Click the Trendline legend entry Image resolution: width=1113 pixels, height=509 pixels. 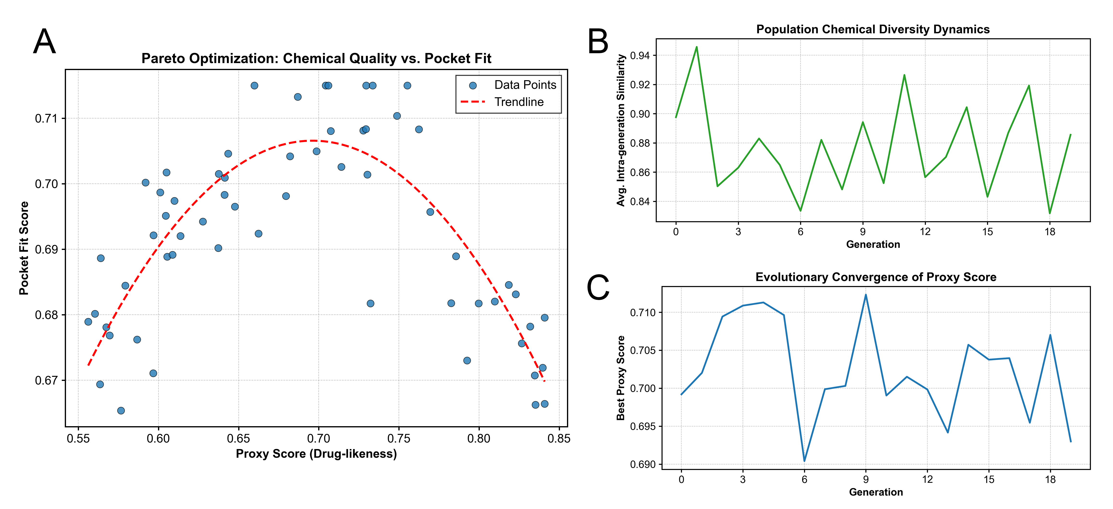click(x=519, y=102)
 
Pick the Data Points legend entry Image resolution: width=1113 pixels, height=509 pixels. click(x=525, y=85)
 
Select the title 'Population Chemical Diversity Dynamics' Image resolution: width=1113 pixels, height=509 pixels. click(x=873, y=29)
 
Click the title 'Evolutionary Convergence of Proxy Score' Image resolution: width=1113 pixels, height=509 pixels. click(x=876, y=277)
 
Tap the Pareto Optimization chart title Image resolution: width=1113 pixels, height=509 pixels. click(x=316, y=58)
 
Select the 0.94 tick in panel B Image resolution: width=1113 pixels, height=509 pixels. click(x=640, y=55)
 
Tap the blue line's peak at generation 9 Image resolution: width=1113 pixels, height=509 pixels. click(x=866, y=295)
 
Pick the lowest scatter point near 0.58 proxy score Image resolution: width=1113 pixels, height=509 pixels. click(x=121, y=411)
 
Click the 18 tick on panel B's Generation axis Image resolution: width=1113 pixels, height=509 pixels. click(x=1050, y=232)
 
